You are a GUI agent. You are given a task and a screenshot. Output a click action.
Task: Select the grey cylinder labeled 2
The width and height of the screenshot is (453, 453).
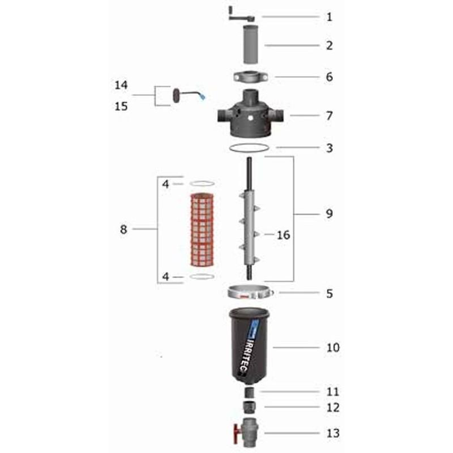pos(250,44)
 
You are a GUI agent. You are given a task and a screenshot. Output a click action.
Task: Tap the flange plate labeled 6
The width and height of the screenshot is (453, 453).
pos(250,77)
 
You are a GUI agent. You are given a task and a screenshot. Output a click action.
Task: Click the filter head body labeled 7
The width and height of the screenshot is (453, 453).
pos(250,114)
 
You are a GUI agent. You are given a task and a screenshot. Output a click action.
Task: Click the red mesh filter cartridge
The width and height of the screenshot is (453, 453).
pos(202,230)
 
